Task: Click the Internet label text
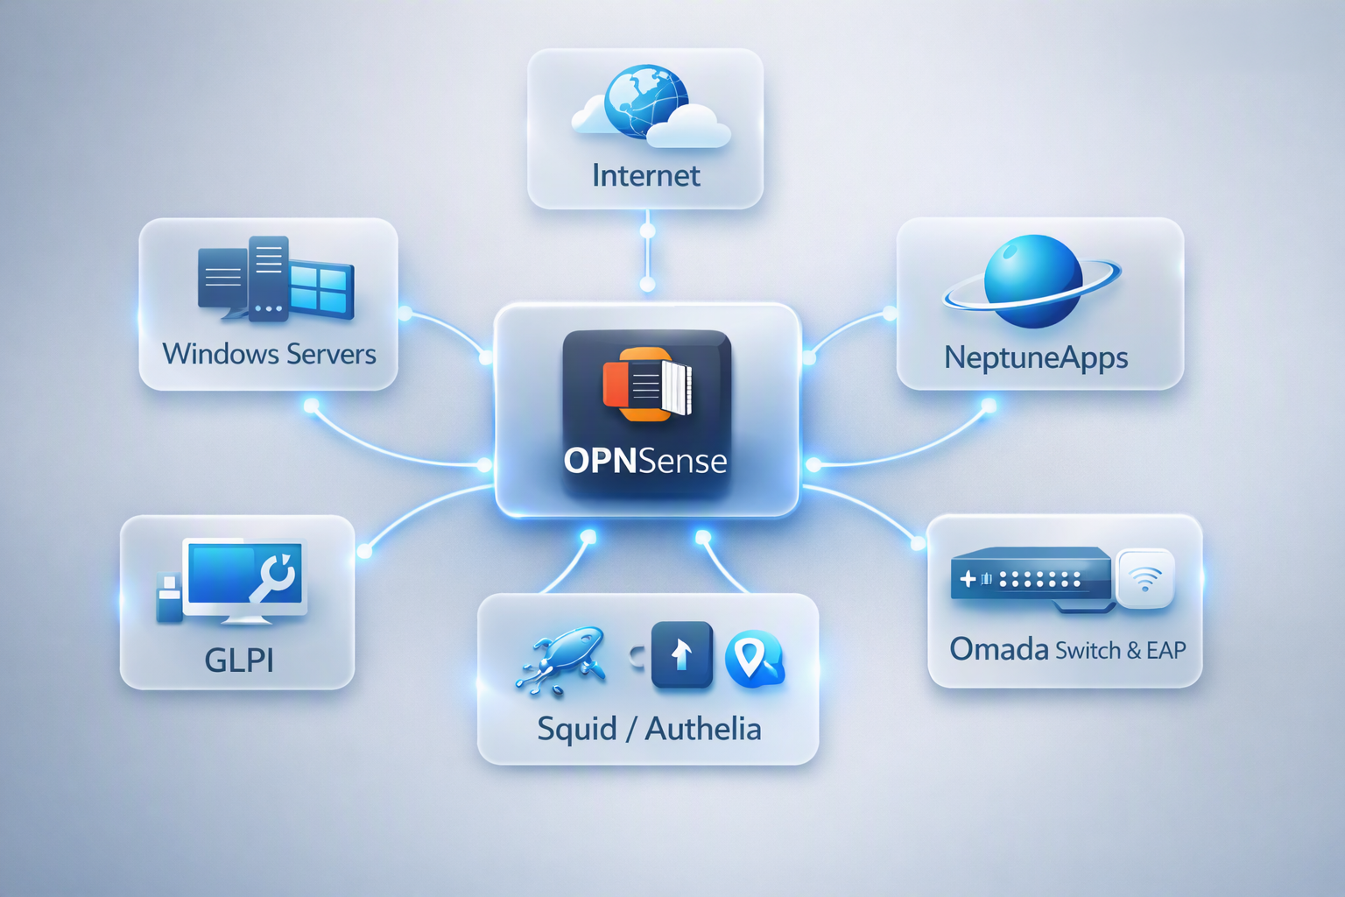point(645,175)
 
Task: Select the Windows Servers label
point(269,354)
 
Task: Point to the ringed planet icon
point(1032,281)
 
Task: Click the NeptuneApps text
point(1036,358)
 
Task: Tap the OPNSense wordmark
point(645,462)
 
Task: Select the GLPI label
point(239,660)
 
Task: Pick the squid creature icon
point(560,660)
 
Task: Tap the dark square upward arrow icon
point(681,654)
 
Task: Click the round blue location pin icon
point(755,659)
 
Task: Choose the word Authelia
point(703,730)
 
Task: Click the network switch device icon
point(1032,579)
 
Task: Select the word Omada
point(999,649)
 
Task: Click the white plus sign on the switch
point(968,579)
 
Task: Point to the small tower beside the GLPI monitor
point(169,597)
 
